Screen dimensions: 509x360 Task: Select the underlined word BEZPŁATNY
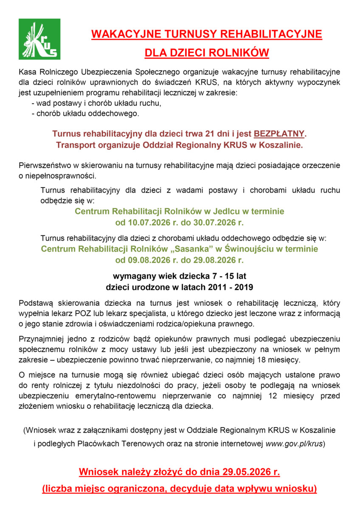tap(279, 134)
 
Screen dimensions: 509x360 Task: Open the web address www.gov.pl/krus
tap(294, 443)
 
